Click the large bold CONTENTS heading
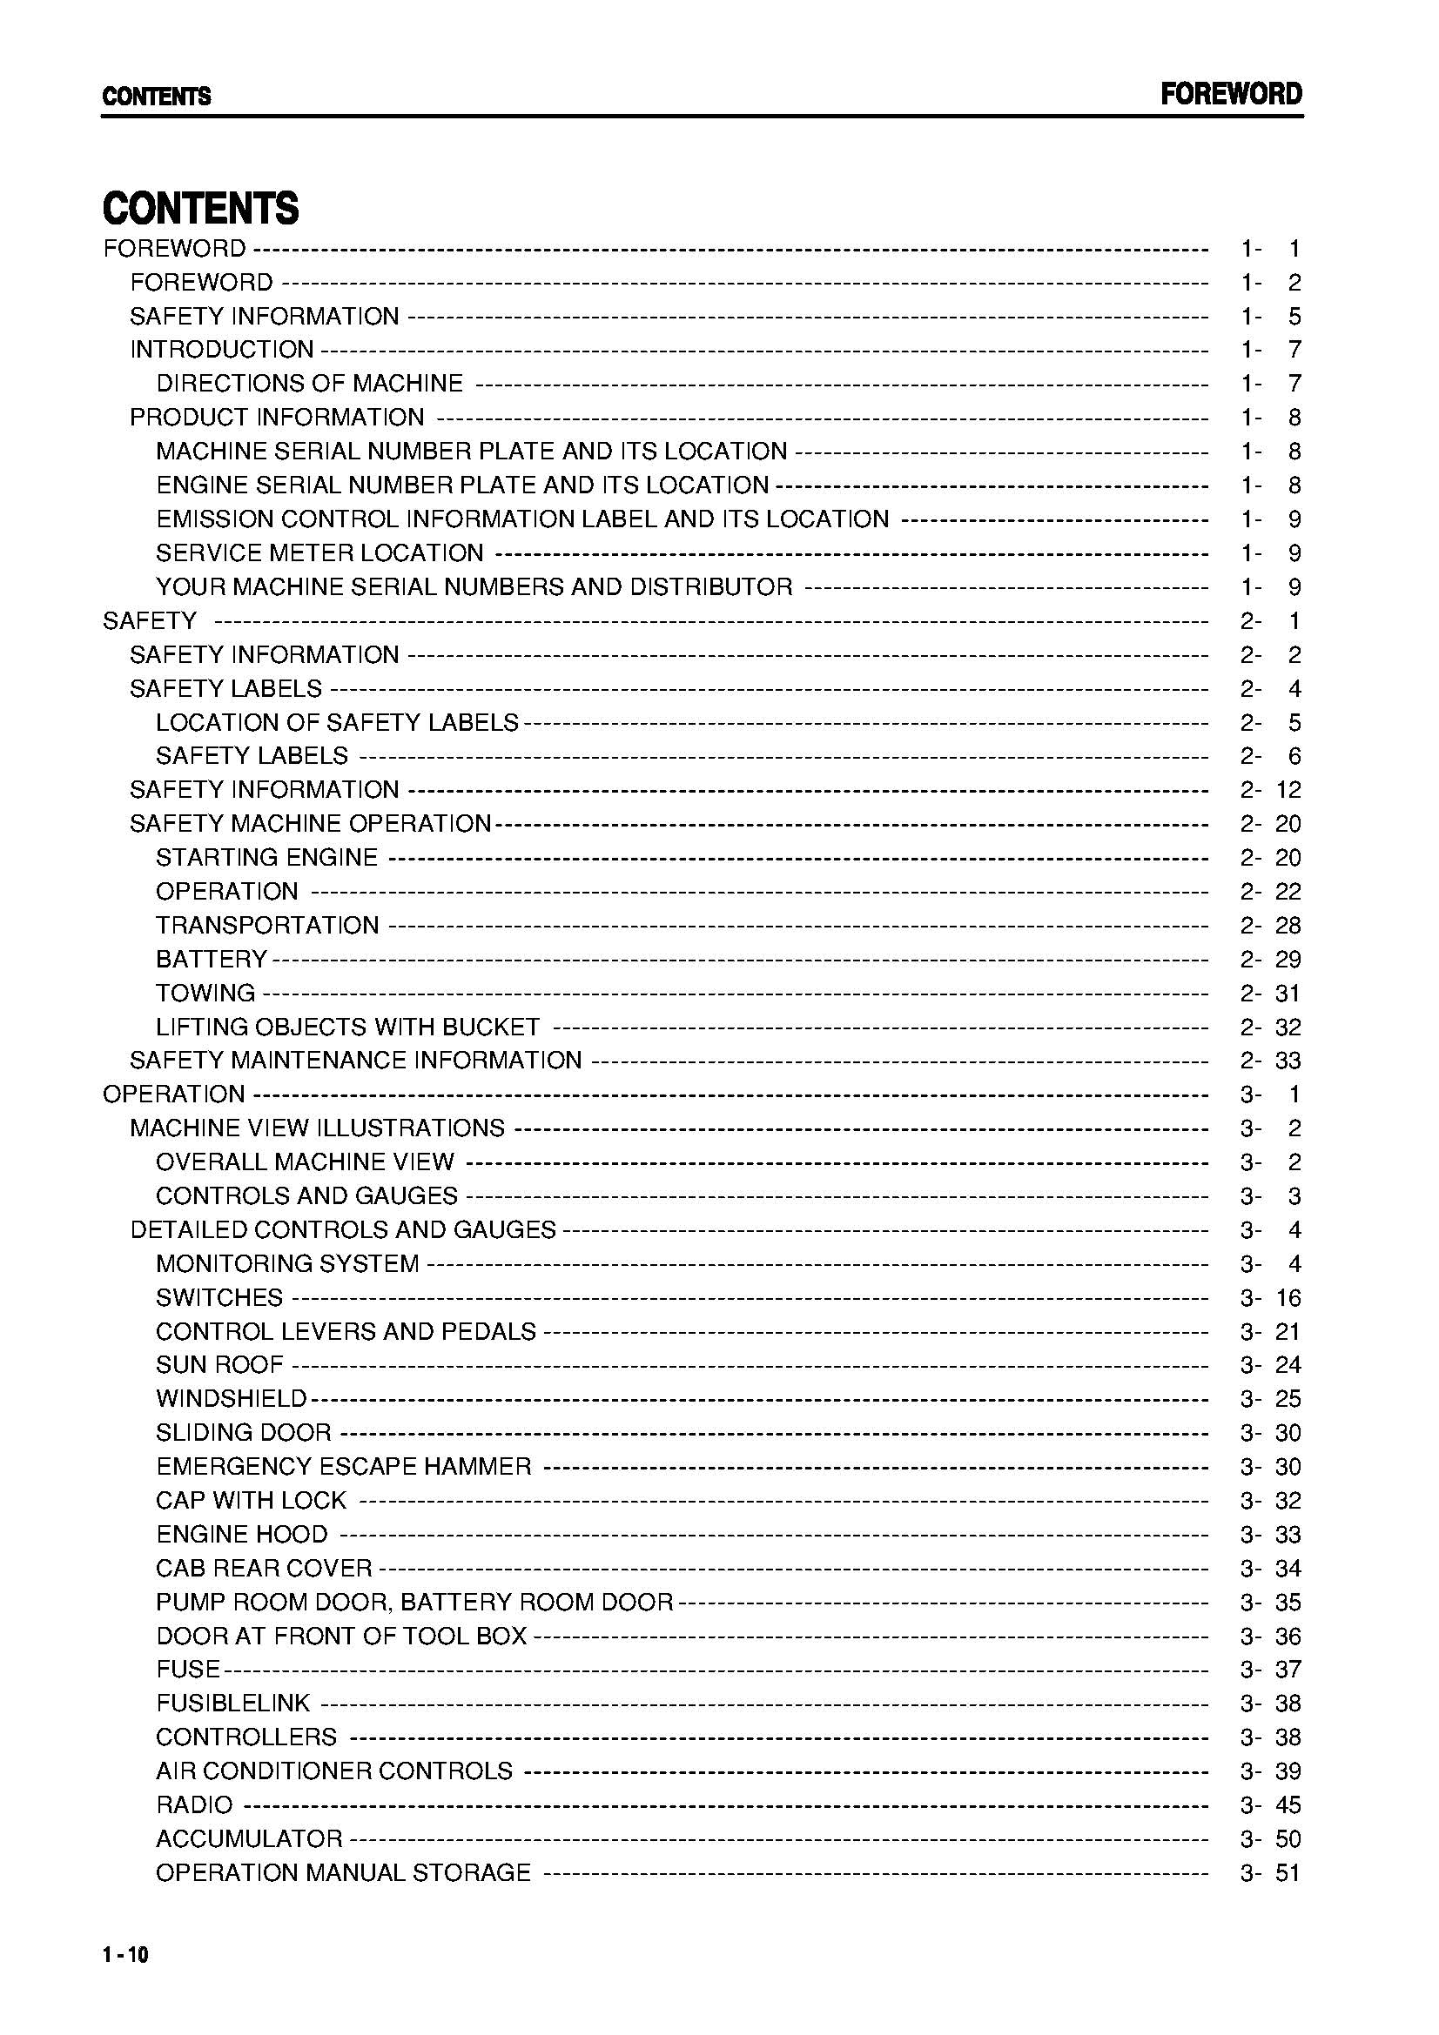[201, 208]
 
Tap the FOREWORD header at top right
[1231, 95]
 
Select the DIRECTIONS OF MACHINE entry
[309, 384]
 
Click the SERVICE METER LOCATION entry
[320, 553]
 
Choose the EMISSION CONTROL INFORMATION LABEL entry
[522, 519]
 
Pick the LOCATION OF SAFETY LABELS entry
[337, 722]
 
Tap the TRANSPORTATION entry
[268, 926]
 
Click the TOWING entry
[205, 993]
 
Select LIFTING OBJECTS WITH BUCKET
[347, 1028]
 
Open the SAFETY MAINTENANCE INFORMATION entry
[355, 1061]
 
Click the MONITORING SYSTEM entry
[287, 1264]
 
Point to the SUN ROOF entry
[220, 1365]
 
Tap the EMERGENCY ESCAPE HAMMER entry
[344, 1467]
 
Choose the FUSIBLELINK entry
[233, 1704]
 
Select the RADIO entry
[194, 1805]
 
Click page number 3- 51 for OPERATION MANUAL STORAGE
[1269, 1873]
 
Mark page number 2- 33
[1269, 1061]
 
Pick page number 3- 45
[1269, 1805]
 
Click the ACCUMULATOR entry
[249, 1839]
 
